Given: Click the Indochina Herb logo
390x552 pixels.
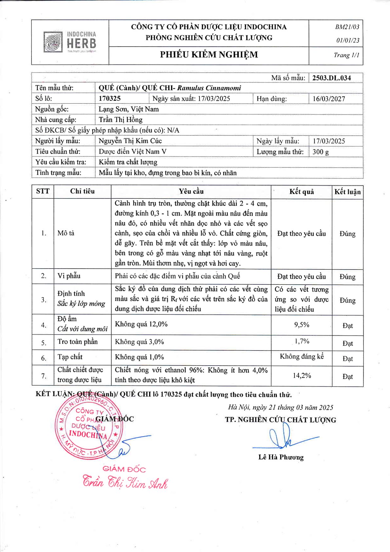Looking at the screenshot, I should click(x=70, y=42).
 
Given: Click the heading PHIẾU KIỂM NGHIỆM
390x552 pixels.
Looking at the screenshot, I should click(x=209, y=55).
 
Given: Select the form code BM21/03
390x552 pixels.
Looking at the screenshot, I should click(x=347, y=27).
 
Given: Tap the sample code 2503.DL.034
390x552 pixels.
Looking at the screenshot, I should click(x=331, y=78).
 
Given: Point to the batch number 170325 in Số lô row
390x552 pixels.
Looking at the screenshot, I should click(x=110, y=98).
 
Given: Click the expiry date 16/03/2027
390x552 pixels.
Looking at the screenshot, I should click(x=329, y=99).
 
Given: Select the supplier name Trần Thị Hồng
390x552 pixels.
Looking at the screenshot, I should click(x=121, y=120).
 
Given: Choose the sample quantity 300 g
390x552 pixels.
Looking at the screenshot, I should click(x=321, y=152).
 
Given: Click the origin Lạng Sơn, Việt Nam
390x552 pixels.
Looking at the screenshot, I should click(x=129, y=109).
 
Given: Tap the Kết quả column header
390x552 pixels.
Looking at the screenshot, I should click(x=302, y=192).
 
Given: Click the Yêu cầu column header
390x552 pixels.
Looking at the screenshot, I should click(x=191, y=192).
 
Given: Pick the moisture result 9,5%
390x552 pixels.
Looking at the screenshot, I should click(x=302, y=325).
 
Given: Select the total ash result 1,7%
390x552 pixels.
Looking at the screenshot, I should click(x=302, y=341).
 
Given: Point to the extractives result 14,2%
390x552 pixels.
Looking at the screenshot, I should click(x=302, y=376).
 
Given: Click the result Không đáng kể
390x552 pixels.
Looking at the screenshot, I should click(x=302, y=357).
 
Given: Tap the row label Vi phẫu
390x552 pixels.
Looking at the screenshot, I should click(x=69, y=276).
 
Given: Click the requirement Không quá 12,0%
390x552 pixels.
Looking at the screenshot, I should click(x=141, y=324).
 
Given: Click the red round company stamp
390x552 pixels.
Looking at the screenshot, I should click(x=88, y=427).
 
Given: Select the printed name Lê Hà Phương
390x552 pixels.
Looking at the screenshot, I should click(x=281, y=457).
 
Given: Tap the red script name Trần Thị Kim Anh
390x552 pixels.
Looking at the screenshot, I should click(x=125, y=482).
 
